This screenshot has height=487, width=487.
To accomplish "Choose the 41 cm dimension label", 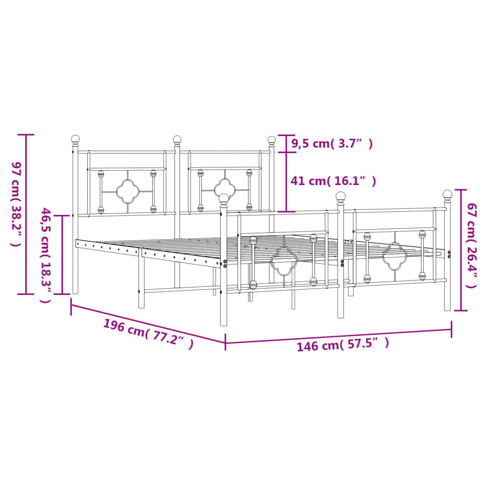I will click(333, 181).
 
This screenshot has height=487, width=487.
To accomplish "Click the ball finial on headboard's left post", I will click(75, 139).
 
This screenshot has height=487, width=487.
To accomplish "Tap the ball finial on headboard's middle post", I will click(177, 139).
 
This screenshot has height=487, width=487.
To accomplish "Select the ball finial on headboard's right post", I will click(272, 140).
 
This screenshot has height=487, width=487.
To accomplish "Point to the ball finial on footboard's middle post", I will click(341, 195).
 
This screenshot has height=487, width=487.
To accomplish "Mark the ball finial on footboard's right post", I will click(448, 194).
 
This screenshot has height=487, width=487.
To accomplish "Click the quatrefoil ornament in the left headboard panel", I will click(127, 192).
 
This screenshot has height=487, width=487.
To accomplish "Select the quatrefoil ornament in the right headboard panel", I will click(225, 190).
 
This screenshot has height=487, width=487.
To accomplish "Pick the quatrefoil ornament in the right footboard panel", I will click(395, 255).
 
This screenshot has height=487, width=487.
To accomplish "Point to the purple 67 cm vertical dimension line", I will click(460, 250).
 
